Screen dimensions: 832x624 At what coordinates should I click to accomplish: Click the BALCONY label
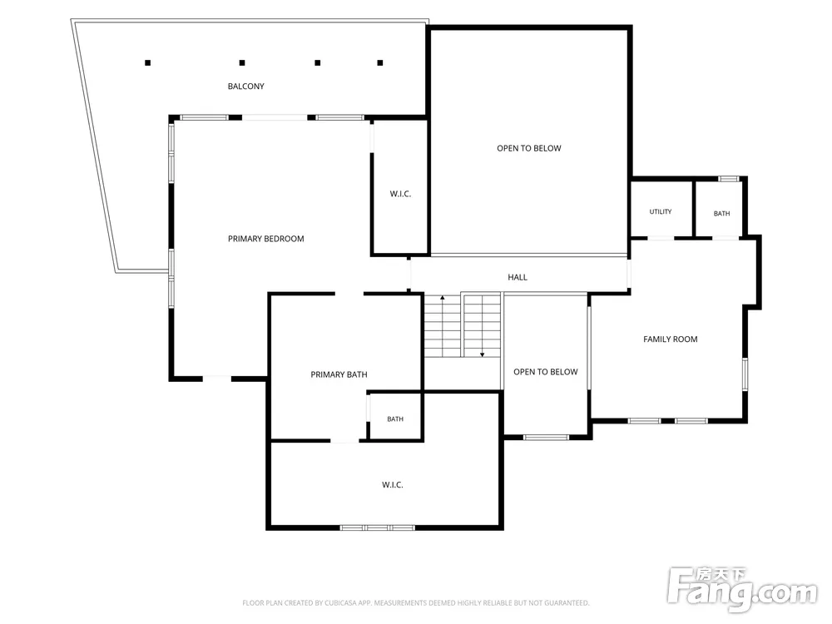(x=245, y=86)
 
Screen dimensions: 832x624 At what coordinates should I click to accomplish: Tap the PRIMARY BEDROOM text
(x=266, y=239)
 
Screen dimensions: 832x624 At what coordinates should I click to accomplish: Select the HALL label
(x=518, y=277)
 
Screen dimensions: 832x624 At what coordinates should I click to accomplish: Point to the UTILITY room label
(x=660, y=211)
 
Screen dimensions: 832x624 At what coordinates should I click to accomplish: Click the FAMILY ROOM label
(x=670, y=339)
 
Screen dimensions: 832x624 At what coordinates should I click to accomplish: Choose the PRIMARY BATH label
(x=339, y=374)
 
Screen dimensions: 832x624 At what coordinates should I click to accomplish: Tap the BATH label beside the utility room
(x=721, y=213)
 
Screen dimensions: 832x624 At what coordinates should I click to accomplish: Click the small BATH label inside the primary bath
(x=394, y=419)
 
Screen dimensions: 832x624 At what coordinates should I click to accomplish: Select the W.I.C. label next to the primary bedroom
(x=400, y=194)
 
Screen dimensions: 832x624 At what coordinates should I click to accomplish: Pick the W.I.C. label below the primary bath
(x=392, y=485)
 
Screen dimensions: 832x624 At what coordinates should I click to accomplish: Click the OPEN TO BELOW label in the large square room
(x=529, y=149)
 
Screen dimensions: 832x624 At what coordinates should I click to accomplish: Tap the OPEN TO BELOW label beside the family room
(x=546, y=372)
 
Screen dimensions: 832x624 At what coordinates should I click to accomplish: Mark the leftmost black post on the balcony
(x=147, y=62)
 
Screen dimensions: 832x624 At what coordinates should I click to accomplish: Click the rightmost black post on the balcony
(x=380, y=62)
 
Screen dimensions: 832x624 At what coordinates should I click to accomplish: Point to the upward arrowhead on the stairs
(x=443, y=298)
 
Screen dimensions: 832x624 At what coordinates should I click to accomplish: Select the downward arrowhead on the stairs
(x=483, y=354)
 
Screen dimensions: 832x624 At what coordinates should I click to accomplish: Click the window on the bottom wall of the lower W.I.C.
(x=377, y=527)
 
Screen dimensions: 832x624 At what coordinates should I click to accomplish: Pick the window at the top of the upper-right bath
(x=729, y=179)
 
